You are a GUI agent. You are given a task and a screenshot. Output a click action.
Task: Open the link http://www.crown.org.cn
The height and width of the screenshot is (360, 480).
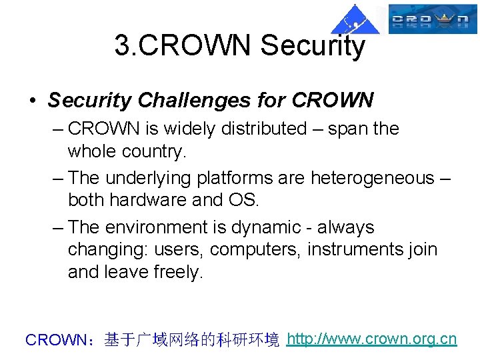[371, 339]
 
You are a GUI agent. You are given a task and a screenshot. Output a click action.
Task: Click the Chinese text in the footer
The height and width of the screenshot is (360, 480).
[192, 340]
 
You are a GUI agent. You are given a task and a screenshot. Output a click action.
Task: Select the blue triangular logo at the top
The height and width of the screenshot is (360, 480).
[355, 19]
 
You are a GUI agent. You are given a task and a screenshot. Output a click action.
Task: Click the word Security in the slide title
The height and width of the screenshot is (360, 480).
[313, 45]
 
